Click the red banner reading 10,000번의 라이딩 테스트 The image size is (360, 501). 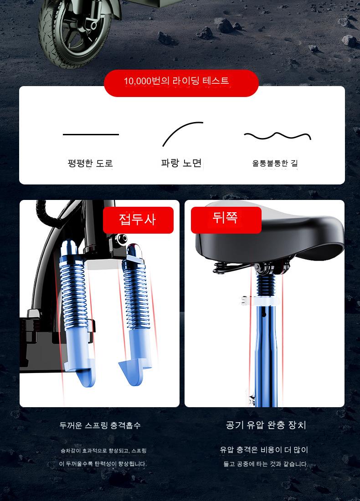[181, 83]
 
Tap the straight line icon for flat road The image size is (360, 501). [91, 134]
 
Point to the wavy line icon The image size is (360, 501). [278, 136]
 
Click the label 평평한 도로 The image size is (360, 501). [90, 163]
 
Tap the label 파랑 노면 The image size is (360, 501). [181, 163]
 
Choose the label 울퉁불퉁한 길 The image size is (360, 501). [275, 163]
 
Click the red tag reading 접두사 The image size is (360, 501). [138, 220]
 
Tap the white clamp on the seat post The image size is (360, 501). [260, 301]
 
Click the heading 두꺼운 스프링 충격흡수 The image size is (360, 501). [100, 425]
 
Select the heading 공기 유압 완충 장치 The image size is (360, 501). [266, 425]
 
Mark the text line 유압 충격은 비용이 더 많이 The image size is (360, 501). [264, 450]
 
